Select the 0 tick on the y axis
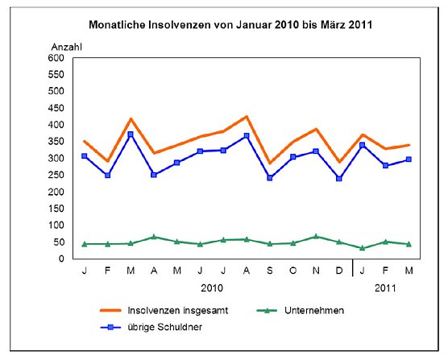point(60,259)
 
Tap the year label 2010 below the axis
point(211,286)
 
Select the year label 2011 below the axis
point(385,286)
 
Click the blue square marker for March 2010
point(131,134)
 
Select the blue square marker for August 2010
point(247,135)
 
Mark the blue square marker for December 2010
point(339,179)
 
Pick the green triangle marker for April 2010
point(154,237)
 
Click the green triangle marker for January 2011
point(363,248)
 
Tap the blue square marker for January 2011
point(363,145)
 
